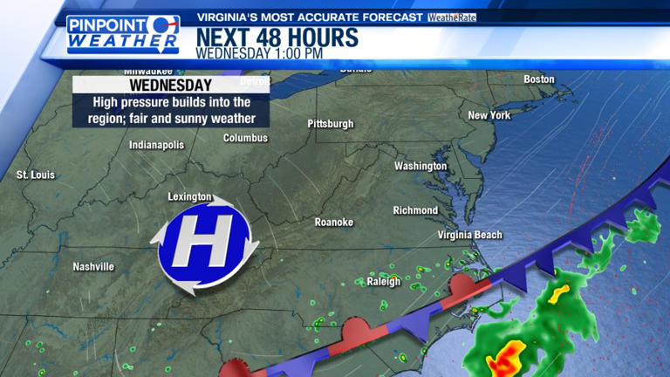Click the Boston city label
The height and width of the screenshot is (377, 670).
click(538, 79)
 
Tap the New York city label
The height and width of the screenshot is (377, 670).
click(489, 115)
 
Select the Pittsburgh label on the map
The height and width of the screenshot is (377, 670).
click(331, 124)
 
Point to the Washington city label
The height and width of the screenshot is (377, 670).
click(420, 166)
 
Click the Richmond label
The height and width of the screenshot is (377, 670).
click(415, 210)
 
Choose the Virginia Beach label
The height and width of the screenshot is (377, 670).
click(469, 235)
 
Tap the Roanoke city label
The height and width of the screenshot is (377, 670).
click(334, 223)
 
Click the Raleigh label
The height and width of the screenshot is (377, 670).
click(383, 281)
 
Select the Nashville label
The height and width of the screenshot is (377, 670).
click(93, 266)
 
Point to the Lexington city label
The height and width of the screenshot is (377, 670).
click(189, 197)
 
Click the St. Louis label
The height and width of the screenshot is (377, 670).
click(36, 175)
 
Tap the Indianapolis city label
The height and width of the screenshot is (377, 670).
click(157, 145)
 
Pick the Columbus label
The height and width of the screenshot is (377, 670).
click(245, 138)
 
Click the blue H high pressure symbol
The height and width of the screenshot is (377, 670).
click(204, 239)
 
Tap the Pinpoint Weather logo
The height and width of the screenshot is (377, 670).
click(123, 34)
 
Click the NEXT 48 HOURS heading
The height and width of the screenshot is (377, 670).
click(277, 38)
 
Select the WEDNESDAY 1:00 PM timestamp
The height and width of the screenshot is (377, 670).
click(259, 53)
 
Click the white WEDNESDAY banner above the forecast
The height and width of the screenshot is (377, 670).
click(170, 86)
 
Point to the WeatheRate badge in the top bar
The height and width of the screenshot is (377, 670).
click(452, 17)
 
